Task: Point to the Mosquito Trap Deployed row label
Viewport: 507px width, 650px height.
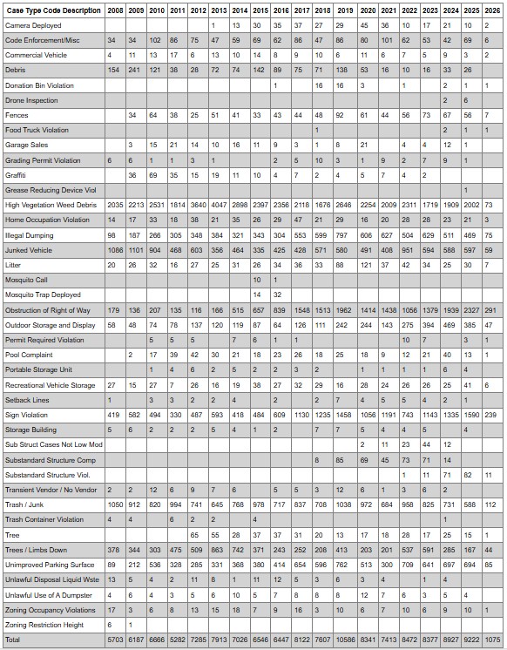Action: click(x=43, y=295)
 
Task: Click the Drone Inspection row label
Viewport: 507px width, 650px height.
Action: click(x=32, y=100)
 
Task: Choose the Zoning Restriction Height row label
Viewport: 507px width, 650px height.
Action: click(x=44, y=625)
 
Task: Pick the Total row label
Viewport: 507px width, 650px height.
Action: click(x=14, y=640)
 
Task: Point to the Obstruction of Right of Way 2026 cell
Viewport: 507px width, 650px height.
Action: click(x=492, y=310)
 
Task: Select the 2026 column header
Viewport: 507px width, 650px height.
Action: click(x=492, y=10)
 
